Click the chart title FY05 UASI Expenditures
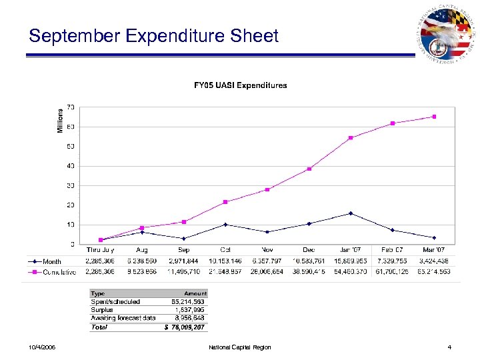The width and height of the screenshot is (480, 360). coord(240,85)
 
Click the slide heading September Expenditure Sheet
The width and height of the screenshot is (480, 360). coord(153,36)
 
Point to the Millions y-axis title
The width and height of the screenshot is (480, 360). coord(60,120)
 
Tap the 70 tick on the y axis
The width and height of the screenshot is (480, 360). coord(70,107)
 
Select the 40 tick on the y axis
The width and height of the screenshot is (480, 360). coord(70,166)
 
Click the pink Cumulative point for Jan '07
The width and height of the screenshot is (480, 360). coord(351,138)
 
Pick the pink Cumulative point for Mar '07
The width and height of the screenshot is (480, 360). coord(434,117)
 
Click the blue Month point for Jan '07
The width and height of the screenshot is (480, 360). coord(351,213)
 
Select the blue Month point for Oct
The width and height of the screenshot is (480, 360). coord(225,225)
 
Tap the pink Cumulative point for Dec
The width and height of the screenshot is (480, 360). coord(309,169)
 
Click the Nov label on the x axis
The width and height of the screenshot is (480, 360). coord(267,250)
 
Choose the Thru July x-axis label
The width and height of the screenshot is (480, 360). coord(100,250)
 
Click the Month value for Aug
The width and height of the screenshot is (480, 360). coord(142,261)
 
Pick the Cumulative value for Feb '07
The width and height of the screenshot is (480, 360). coord(392,272)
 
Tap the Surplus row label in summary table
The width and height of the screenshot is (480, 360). coord(102,310)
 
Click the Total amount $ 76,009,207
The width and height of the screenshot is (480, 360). coord(187,327)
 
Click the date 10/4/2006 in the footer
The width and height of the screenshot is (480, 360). coord(43,347)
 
